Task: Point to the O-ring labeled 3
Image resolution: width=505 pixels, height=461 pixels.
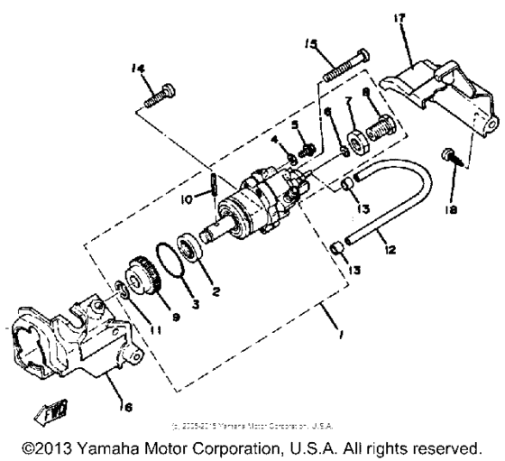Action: (169, 272)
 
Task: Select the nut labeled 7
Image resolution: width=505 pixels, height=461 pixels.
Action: (350, 144)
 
